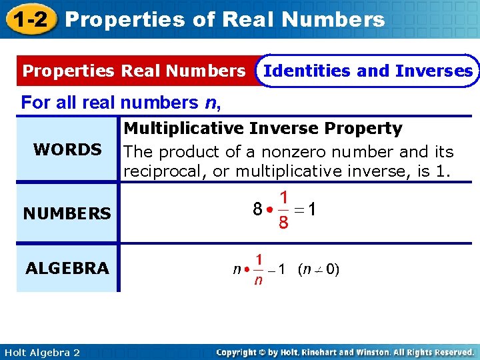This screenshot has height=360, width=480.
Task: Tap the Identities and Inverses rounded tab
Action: pyautogui.click(x=368, y=71)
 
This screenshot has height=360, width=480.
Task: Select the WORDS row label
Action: pyautogui.click(x=67, y=149)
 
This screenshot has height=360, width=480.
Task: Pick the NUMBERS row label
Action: pyautogui.click(x=67, y=214)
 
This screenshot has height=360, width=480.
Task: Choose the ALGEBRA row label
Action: pyautogui.click(x=67, y=269)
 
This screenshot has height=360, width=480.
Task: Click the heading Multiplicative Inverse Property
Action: pyautogui.click(x=263, y=128)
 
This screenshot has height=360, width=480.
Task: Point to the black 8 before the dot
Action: pyautogui.click(x=257, y=209)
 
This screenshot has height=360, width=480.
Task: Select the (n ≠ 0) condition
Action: pyautogui.click(x=319, y=270)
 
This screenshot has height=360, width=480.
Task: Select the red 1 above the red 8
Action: pyautogui.click(x=283, y=198)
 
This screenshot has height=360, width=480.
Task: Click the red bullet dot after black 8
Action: pyautogui.click(x=269, y=209)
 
